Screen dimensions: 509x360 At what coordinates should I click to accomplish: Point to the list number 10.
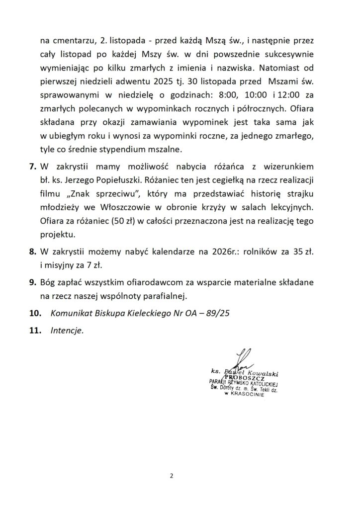35,314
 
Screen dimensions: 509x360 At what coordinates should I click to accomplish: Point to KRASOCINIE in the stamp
248,398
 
